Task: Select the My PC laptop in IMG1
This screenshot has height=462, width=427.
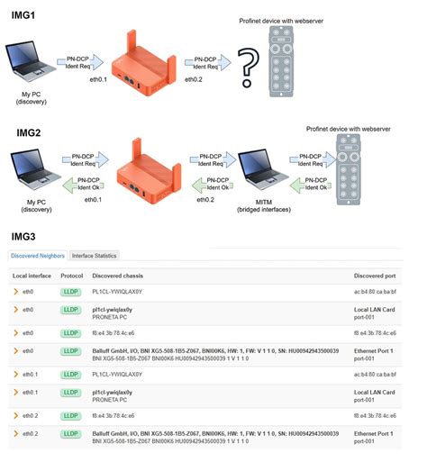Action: pos(31,67)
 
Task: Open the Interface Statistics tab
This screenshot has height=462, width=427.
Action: pos(95,256)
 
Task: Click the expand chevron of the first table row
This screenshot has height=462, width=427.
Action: pos(15,293)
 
